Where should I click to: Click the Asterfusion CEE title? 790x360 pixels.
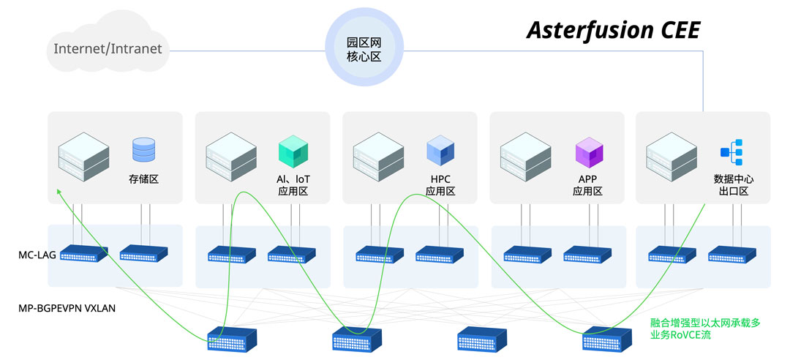point(613,30)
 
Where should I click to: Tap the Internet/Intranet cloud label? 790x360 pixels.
point(108,50)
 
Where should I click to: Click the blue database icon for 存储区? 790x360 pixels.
point(144,149)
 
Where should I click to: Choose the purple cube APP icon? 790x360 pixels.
point(589,151)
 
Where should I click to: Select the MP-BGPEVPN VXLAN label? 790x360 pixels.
point(67,308)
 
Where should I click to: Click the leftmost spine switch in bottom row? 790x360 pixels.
point(232,340)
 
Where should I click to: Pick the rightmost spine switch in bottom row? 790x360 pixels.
point(606,340)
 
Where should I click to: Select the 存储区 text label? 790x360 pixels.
point(143,179)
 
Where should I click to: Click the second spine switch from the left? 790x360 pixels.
point(357,340)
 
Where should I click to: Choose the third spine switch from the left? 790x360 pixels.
point(482,340)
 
